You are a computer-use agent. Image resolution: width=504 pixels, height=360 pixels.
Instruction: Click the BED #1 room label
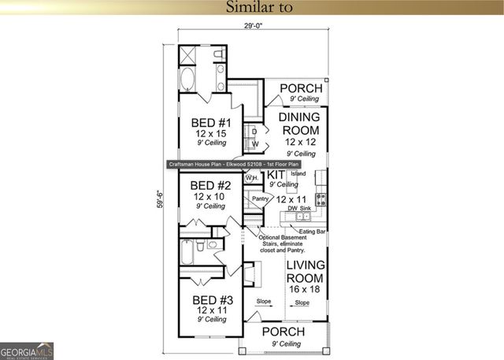tap(211, 123)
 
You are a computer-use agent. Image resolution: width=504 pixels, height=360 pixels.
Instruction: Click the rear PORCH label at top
tap(301, 88)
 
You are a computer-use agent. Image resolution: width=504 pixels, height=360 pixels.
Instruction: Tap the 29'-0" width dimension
tap(253, 26)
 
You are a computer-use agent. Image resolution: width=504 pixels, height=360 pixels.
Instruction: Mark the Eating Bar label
tap(313, 232)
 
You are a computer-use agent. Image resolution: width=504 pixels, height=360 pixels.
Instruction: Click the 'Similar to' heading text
tap(259, 8)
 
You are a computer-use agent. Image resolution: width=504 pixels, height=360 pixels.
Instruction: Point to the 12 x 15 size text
tap(211, 134)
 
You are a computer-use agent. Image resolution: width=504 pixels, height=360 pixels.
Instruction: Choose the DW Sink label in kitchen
tap(300, 208)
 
